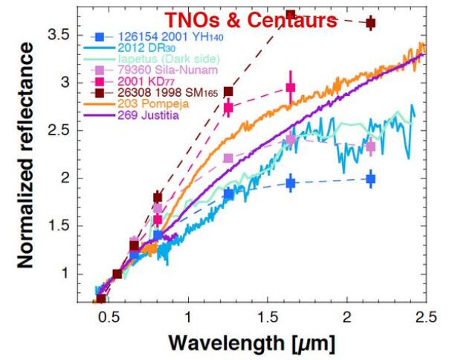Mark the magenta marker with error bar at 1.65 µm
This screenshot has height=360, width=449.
[x=291, y=88]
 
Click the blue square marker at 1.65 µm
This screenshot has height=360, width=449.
[x=291, y=183]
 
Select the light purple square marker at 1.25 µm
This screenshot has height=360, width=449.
[x=228, y=158]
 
